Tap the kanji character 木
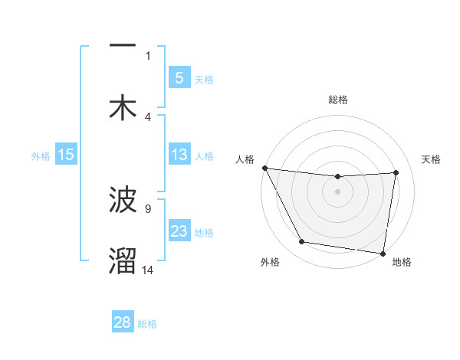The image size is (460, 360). click(123, 108)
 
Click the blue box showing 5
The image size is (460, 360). click(179, 77)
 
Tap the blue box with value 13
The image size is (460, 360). click(179, 155)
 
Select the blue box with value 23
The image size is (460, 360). click(179, 231)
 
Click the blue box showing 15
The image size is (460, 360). click(66, 155)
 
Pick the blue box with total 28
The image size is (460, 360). click(123, 322)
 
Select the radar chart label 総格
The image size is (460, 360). click(337, 100)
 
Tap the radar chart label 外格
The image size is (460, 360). click(270, 263)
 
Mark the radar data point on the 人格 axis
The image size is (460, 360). click(264, 168)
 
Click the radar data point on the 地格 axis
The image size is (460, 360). click(383, 253)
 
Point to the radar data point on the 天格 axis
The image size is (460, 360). click(396, 172)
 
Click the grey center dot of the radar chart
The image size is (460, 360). click(337, 191)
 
